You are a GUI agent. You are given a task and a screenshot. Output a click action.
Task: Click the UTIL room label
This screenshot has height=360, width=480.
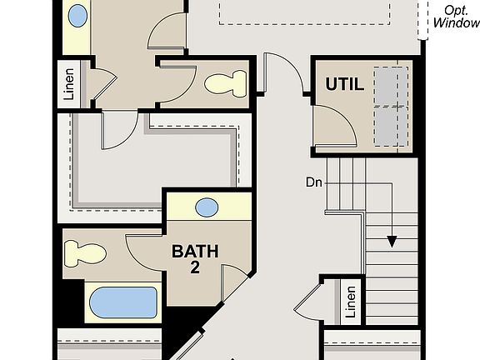coord(345,84)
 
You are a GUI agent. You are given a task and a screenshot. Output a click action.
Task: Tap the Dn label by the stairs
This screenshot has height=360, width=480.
coord(314,182)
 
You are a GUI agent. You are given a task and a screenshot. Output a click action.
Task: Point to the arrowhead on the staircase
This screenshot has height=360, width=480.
coord(389,242)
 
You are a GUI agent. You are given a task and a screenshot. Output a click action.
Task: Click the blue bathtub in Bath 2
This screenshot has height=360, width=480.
coord(122,302)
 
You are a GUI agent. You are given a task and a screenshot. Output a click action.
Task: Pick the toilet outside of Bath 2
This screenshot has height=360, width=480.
coord(226,82)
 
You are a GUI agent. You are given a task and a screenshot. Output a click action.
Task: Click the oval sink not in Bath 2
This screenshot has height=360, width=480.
coord(77,15)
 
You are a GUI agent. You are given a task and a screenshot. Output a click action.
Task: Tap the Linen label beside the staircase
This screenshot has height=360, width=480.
coord(351,302)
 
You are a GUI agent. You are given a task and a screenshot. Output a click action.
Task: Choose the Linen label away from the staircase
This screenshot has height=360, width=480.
coord(69,84)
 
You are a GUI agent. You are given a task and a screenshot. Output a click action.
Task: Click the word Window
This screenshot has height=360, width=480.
coord(456,23)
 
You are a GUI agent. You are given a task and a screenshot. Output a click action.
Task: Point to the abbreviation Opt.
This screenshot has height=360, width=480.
coord(456,10)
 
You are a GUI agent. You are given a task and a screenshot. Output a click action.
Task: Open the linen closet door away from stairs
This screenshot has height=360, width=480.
coord(101,83)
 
